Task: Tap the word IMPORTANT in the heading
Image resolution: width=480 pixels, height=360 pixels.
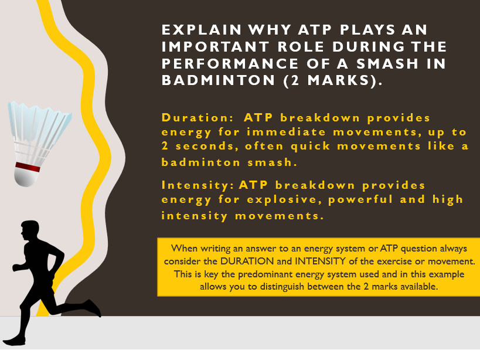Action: [215, 46]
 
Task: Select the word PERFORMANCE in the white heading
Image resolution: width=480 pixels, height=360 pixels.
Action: [230, 64]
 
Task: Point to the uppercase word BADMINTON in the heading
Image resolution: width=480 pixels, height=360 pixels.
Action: [218, 80]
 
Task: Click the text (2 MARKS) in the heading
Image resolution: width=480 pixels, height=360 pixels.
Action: [333, 81]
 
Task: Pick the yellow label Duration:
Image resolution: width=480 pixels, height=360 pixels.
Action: [198, 118]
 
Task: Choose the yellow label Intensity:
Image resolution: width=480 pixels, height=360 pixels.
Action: [198, 185]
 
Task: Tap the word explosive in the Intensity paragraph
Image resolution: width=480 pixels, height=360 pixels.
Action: [284, 199]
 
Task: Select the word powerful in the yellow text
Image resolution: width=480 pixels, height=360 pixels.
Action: [360, 199]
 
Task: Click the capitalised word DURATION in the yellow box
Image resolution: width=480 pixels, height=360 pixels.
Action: [247, 261]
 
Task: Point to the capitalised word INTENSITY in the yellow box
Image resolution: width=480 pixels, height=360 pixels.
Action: [320, 261]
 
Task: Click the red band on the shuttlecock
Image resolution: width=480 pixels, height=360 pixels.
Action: [28, 167]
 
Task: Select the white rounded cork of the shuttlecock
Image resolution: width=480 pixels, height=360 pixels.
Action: [26, 177]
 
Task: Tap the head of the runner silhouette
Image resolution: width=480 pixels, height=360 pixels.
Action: [30, 230]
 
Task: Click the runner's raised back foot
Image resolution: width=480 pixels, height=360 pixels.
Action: [93, 308]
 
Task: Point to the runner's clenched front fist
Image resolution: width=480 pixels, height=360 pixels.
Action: [16, 267]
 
